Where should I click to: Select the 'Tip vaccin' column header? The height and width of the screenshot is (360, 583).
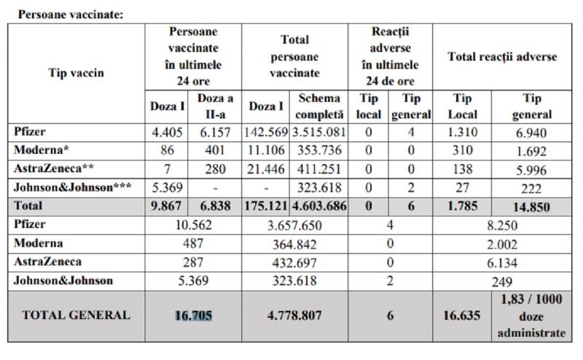[x=76, y=72]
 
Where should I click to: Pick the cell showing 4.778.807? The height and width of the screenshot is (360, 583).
[x=294, y=315]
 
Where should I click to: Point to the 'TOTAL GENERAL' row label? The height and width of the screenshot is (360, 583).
[x=77, y=315]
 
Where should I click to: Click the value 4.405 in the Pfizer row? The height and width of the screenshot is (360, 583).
[x=165, y=131]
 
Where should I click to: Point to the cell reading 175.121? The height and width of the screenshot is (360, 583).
[x=266, y=206]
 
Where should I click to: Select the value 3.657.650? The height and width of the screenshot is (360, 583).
[x=294, y=224]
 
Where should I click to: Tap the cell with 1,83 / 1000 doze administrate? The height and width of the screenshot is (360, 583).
[x=532, y=316]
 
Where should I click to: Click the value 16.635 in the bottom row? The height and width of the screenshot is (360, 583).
[x=462, y=316]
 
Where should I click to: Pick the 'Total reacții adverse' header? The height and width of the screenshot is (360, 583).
[x=501, y=57]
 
